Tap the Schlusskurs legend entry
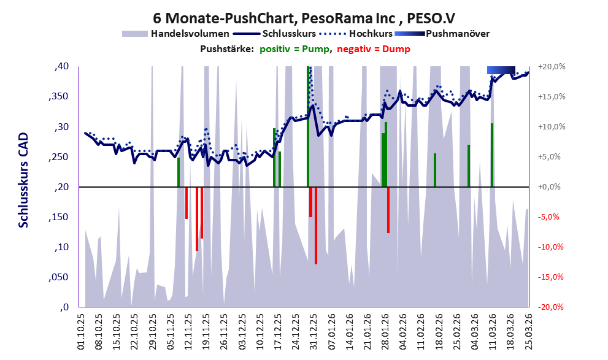(288, 34)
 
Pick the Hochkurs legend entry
(366, 34)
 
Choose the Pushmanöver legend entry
(456, 34)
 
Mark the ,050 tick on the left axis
(58, 277)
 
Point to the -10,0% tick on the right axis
(550, 247)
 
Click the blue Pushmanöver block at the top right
(501, 70)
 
